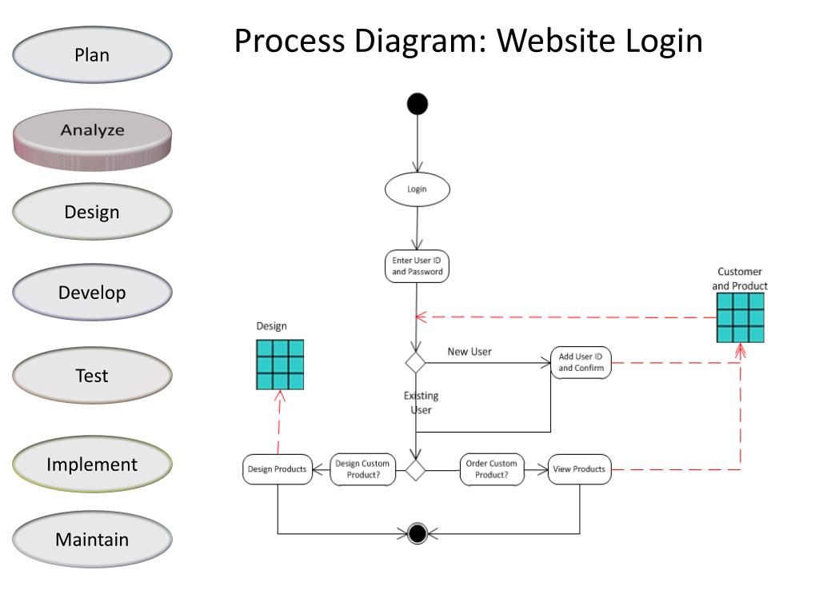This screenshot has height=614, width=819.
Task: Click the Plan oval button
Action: pos(92,55)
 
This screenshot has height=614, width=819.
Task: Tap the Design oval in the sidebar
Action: pos(92,212)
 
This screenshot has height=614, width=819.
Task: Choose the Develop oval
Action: pos(92,293)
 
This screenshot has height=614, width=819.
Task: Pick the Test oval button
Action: pos(92,375)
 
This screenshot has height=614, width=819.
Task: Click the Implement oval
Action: pos(92,464)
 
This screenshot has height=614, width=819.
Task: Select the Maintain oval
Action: pos(92,540)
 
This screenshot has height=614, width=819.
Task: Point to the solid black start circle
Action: pos(417,104)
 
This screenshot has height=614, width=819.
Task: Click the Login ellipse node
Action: pos(417,189)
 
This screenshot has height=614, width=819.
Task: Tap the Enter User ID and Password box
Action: pos(417,266)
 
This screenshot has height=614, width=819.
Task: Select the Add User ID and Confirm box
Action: pos(581,362)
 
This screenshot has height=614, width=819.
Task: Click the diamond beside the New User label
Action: pos(415,362)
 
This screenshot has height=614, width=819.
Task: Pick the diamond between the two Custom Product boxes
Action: pos(415,469)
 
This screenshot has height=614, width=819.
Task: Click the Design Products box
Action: pos(277,469)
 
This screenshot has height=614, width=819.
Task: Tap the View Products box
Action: pos(579,469)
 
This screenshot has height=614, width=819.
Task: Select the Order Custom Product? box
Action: pos(491,469)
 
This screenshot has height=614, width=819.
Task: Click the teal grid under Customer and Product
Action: pos(740,317)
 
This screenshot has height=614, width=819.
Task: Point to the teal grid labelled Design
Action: pos(280,365)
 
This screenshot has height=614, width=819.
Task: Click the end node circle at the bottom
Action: pos(417,533)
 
